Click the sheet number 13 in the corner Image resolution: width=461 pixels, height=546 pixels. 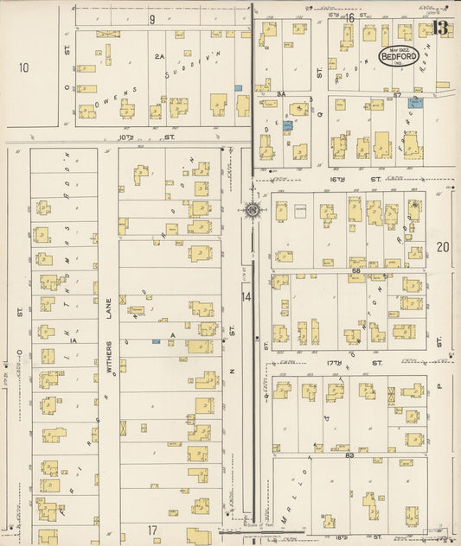click(x=442, y=28)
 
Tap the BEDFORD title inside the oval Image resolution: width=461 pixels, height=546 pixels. click(x=401, y=60)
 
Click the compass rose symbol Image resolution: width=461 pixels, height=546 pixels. click(x=251, y=210)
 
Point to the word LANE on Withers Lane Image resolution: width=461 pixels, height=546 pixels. click(x=109, y=310)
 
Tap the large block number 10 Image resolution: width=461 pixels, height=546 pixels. click(x=23, y=67)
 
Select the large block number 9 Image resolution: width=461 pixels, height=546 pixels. click(x=151, y=18)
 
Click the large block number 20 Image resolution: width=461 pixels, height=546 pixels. click(x=443, y=247)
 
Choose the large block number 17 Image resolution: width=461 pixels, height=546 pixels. click(x=151, y=529)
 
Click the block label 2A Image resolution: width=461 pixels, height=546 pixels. click(x=159, y=56)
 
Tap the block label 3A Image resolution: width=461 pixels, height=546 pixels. click(x=281, y=92)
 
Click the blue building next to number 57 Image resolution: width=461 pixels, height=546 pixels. click(x=416, y=102)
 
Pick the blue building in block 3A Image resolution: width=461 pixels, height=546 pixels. click(x=288, y=126)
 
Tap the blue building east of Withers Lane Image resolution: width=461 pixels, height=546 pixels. click(x=156, y=342)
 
